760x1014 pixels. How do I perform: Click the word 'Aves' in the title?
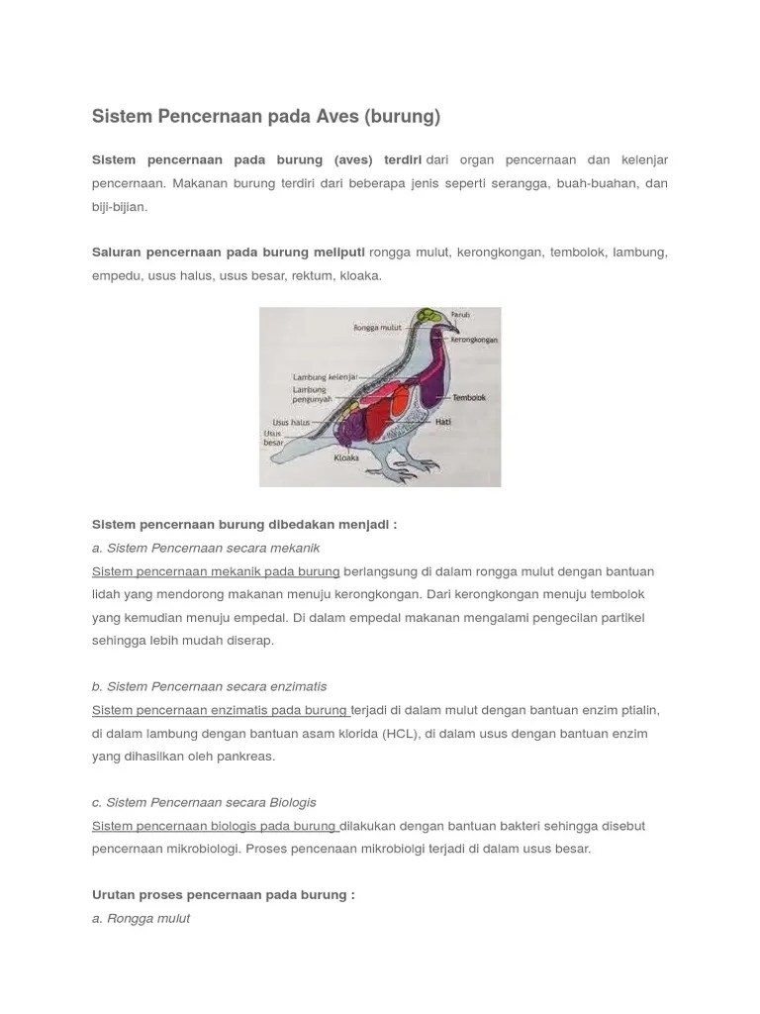pos(337,117)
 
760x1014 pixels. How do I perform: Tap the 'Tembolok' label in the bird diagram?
pos(468,398)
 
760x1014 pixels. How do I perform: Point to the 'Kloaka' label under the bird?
pos(345,459)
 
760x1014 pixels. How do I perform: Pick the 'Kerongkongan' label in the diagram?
pos(473,339)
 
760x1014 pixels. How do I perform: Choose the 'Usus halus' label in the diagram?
pos(291,422)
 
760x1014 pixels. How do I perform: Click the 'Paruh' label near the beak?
pos(460,314)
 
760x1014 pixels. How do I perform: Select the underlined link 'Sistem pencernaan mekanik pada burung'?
pos(216,571)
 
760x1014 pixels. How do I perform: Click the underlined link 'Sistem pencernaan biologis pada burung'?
pos(215,826)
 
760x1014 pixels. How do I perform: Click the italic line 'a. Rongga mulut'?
pos(141,918)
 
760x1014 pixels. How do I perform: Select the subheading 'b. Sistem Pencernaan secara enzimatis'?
pos(209,686)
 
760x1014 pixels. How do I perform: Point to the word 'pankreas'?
pos(246,757)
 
